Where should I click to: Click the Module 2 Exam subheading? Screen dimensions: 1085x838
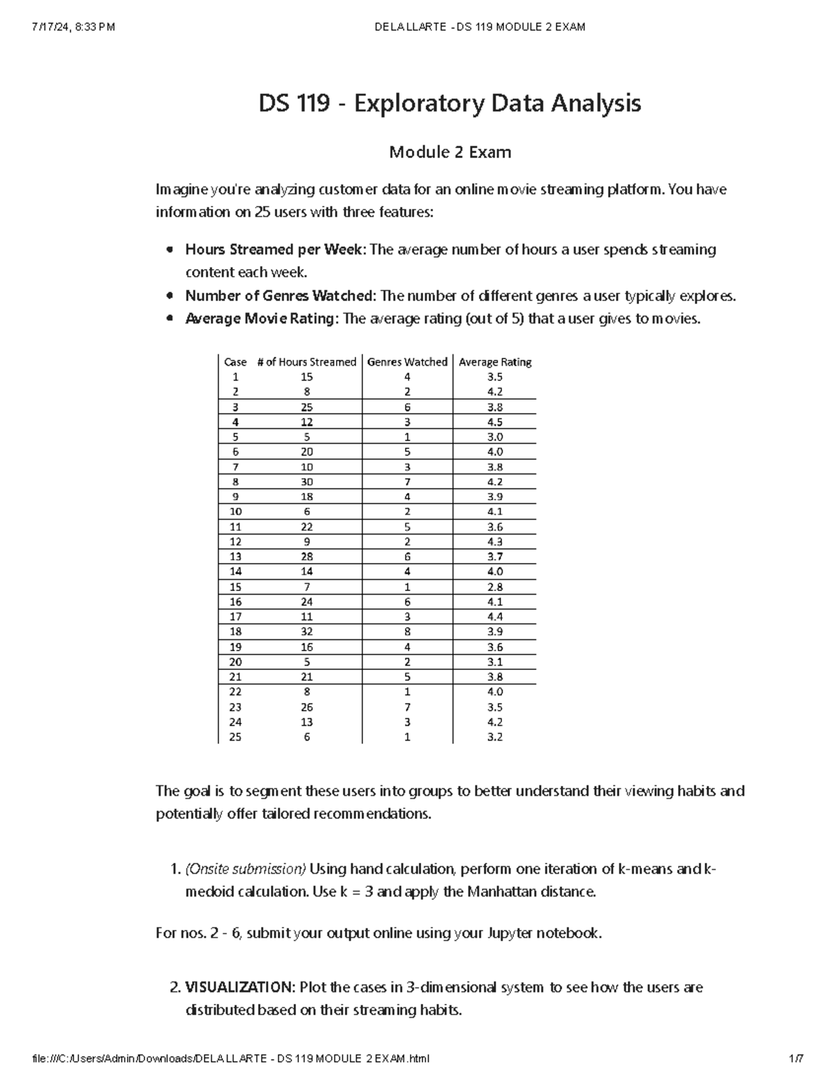point(450,152)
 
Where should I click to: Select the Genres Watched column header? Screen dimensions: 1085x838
point(407,362)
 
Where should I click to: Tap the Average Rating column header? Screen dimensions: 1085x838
point(495,362)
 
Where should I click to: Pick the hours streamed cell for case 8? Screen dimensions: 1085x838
point(307,482)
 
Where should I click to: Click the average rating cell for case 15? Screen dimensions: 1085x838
point(495,587)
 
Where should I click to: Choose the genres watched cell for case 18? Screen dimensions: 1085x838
point(407,632)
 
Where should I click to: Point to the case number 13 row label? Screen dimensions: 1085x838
point(235,557)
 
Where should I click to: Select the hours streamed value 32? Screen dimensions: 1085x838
point(307,632)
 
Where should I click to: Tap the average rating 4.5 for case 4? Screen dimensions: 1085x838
point(495,422)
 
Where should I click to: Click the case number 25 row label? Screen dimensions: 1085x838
point(235,737)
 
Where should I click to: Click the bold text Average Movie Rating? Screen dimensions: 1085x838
point(262,319)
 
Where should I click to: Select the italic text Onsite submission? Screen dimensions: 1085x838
point(245,869)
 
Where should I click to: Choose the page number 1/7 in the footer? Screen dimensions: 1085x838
point(795,1058)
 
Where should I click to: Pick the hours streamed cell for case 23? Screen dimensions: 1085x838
point(307,707)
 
